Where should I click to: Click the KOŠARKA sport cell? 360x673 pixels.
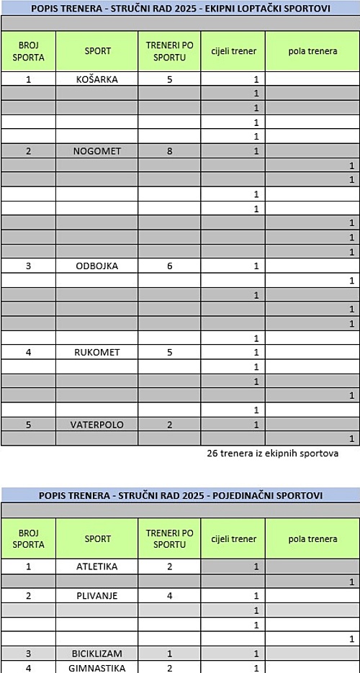(97, 79)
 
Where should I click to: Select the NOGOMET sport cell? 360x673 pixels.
(97, 151)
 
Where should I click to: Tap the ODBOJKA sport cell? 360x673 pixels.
(97, 266)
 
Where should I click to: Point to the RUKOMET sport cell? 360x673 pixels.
(97, 352)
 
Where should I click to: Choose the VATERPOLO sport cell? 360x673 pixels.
(97, 424)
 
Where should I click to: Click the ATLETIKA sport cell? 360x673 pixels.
(97, 566)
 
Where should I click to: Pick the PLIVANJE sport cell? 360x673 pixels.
(97, 595)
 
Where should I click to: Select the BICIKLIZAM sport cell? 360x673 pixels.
(97, 653)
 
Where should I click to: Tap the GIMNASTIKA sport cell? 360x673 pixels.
(97, 667)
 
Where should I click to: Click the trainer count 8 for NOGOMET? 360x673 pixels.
(169, 151)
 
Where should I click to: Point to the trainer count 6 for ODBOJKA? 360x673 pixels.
(169, 266)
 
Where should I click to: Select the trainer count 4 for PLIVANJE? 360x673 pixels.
(169, 595)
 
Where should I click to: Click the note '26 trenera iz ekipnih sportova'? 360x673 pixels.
(272, 453)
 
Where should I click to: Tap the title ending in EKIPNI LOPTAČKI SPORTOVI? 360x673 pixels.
(180, 8)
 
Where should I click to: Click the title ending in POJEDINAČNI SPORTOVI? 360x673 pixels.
(180, 495)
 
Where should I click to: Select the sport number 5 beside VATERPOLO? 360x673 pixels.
(28, 424)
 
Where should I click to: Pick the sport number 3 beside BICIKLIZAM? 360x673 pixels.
(28, 653)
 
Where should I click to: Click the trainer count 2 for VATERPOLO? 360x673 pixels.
(169, 424)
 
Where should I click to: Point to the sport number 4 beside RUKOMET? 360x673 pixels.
(28, 352)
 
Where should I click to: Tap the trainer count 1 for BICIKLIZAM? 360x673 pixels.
(169, 653)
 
